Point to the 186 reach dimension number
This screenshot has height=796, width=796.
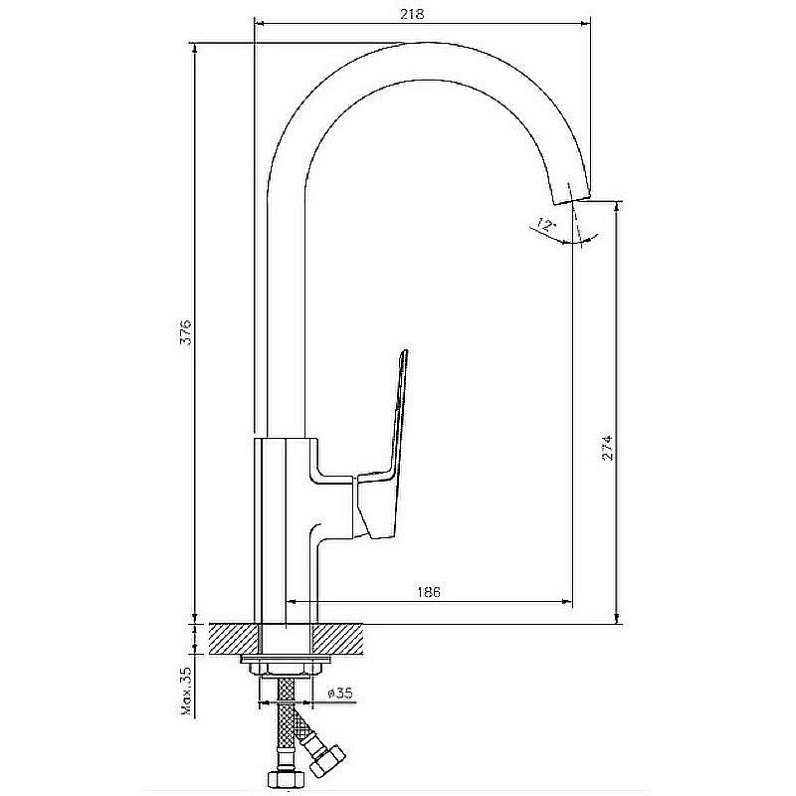(429, 591)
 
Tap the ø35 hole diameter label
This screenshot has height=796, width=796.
(338, 692)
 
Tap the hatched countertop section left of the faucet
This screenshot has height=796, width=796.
(233, 638)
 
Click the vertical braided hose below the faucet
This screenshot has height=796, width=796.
(285, 716)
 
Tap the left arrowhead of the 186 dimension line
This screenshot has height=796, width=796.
(293, 601)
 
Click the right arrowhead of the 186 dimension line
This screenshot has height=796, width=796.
(568, 601)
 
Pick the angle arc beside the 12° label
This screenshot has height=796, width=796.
(582, 238)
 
